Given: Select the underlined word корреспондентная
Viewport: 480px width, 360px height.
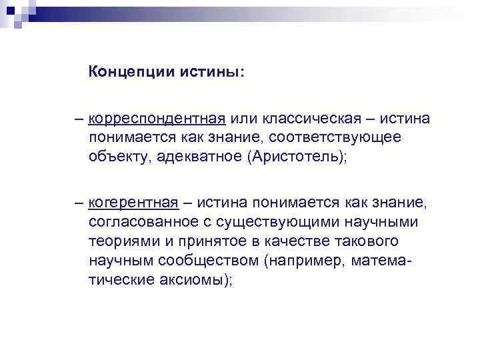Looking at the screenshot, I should coord(157,119).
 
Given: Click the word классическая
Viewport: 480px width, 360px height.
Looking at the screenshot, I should coord(305,119).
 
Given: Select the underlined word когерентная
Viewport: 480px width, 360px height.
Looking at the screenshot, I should coord(133,202).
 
